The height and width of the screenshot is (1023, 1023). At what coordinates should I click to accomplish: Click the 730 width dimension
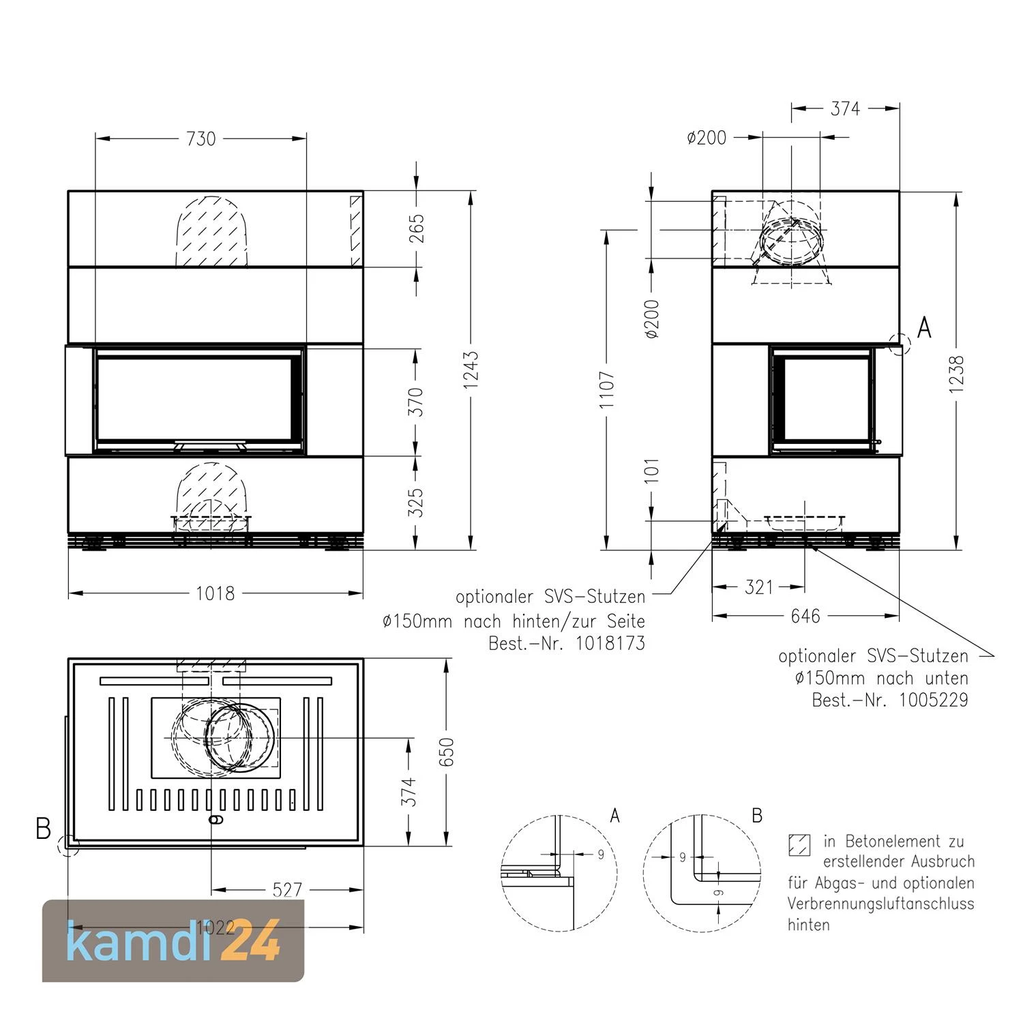click(x=201, y=138)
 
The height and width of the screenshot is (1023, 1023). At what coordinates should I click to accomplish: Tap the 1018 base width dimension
click(x=216, y=593)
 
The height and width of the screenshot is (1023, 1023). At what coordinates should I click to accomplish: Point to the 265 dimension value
click(x=417, y=228)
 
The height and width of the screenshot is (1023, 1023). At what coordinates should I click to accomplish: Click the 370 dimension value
click(x=417, y=402)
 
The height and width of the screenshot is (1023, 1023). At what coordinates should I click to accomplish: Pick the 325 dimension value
click(x=417, y=501)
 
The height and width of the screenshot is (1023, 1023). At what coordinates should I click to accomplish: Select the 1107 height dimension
click(x=607, y=390)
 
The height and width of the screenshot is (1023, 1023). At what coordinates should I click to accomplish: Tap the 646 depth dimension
click(x=805, y=617)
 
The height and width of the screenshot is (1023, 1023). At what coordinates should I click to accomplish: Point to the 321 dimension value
click(x=759, y=587)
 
